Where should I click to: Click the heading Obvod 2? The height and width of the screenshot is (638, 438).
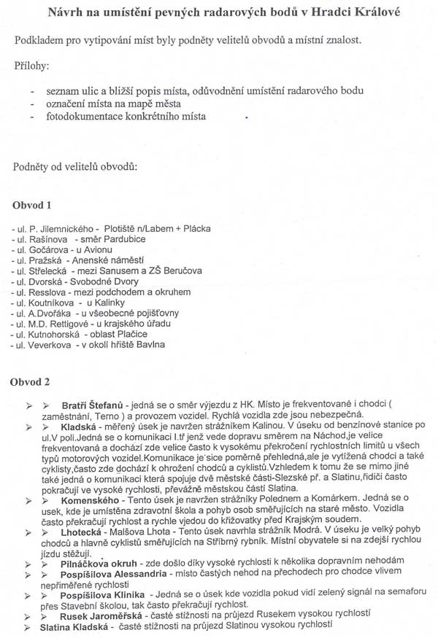[31, 381]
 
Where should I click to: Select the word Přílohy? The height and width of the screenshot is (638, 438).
[32, 66]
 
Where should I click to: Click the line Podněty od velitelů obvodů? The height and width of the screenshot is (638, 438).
[75, 167]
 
